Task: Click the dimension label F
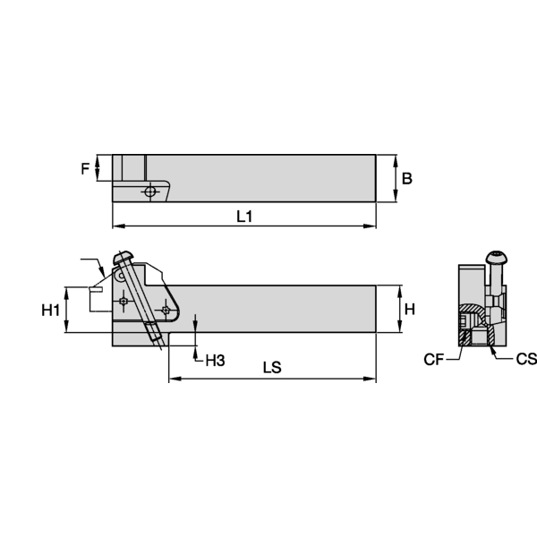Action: (x=86, y=167)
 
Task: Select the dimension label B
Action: (x=406, y=178)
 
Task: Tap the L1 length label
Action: (x=244, y=216)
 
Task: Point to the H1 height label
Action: (x=51, y=310)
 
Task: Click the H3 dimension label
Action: (x=215, y=361)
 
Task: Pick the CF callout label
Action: (x=434, y=360)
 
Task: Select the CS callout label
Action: (x=526, y=360)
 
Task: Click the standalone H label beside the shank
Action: (x=410, y=310)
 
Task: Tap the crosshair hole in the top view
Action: (x=153, y=191)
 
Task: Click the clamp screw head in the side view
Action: (x=124, y=259)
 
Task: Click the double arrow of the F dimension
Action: (x=100, y=167)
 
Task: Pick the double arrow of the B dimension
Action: (x=395, y=178)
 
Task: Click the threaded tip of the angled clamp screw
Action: (x=160, y=339)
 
